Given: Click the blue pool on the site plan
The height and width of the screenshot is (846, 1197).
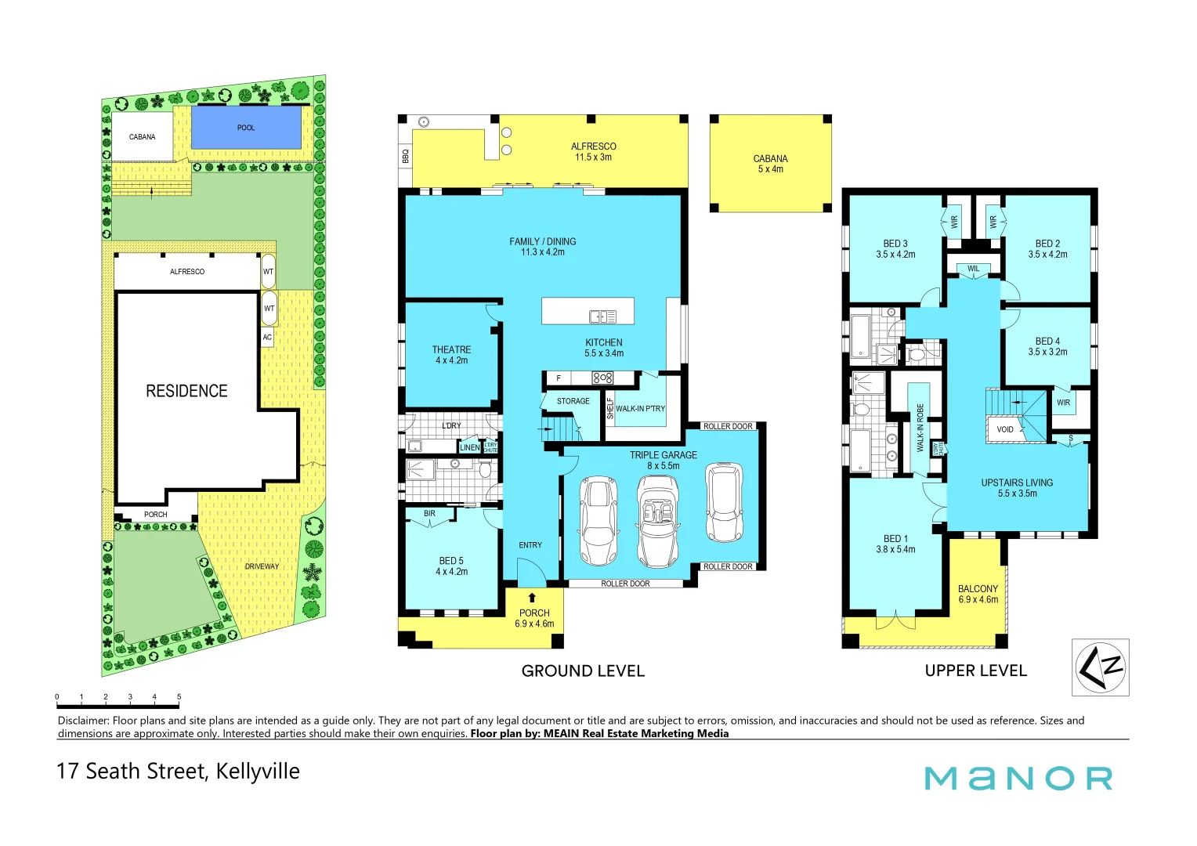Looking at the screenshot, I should pos(246,128).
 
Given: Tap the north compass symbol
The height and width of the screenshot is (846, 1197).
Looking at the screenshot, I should pos(1100,667).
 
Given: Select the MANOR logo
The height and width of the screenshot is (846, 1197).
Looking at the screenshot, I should pos(1018,778).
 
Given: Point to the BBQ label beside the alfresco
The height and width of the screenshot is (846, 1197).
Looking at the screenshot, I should pos(405,157).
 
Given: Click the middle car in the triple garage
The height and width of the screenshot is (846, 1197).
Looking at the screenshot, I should pos(657,522).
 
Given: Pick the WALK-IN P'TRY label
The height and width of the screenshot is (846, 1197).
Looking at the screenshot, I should pos(640,409).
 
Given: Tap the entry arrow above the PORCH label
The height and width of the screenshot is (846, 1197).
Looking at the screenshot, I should pos(533,598).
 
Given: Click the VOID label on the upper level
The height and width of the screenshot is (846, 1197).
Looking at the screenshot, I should pos(1005,429).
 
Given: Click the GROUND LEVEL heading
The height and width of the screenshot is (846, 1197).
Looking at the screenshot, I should pos(583,671).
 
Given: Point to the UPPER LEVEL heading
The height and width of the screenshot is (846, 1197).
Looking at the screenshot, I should pos(975,671).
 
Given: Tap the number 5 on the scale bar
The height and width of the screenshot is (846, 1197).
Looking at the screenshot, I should pos(179,696).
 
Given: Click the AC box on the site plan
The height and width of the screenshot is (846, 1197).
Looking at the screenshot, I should pos(267,338).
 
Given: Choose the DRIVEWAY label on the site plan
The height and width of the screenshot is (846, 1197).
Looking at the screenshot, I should pos(262,566).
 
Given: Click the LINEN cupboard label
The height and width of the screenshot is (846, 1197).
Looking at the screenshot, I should pos(469,447).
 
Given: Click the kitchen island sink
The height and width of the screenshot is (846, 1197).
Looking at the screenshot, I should pos(602,316).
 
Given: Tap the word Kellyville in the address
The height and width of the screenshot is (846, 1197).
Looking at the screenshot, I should pos(258,772).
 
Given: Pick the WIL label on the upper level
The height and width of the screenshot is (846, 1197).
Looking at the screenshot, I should pos(973,269).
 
